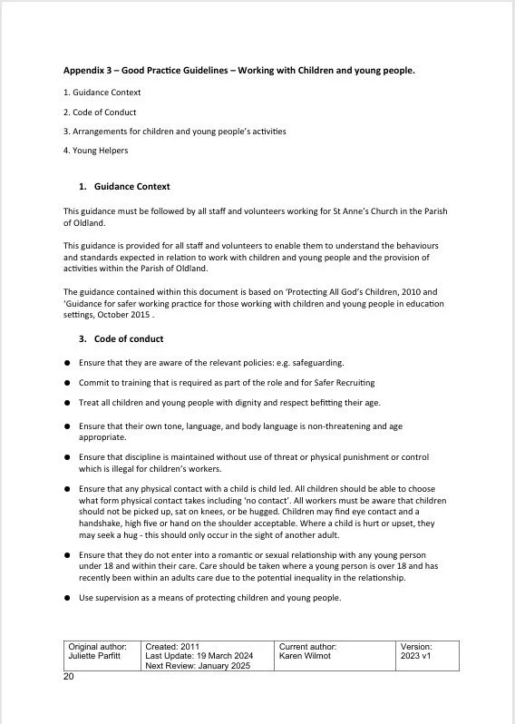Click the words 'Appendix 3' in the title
pos(87,71)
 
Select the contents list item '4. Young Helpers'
pos(95,151)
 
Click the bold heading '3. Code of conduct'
pos(121,339)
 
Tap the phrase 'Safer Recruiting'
pos(340,382)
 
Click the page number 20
pos(69,677)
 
